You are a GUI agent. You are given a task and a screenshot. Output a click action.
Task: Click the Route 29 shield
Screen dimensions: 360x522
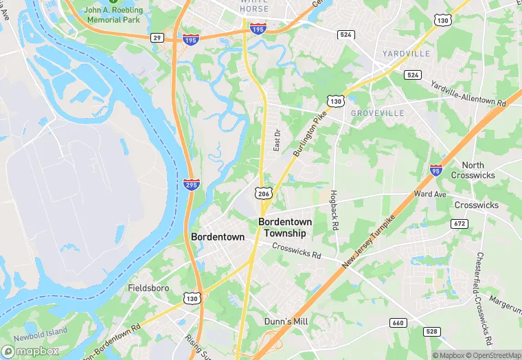click(158, 38)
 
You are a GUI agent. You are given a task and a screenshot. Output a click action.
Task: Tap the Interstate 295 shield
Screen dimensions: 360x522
click(192, 184)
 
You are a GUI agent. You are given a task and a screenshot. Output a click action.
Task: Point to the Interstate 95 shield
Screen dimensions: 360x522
click(436, 170)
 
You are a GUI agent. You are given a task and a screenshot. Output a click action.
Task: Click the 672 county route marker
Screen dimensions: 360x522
click(459, 224)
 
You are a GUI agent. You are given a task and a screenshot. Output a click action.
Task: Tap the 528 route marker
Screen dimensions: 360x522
click(431, 332)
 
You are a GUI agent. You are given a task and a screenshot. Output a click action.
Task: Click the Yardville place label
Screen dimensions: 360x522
click(407, 54)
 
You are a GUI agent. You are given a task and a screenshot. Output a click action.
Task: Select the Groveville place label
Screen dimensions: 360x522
click(377, 113)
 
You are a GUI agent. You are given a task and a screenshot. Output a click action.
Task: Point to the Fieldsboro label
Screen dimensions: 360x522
click(148, 289)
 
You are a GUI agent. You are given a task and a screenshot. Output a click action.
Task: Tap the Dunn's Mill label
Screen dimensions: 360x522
click(286, 321)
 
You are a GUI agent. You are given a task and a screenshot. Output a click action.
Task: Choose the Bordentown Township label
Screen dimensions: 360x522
click(285, 227)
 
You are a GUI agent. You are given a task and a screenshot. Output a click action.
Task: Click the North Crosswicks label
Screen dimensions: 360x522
click(475, 170)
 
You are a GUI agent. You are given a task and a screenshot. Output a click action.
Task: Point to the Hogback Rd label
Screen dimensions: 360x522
click(334, 210)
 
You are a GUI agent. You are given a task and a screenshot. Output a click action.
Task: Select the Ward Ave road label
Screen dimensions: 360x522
click(431, 194)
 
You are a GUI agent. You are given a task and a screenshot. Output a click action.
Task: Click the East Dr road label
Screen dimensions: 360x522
click(277, 141)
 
